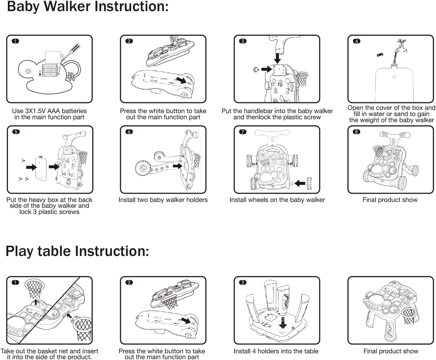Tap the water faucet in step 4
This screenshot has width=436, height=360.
401,47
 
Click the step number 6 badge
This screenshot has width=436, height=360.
129,132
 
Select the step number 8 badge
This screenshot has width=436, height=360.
356,132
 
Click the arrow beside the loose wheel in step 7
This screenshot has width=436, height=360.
300,184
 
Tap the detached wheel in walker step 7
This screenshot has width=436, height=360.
309,183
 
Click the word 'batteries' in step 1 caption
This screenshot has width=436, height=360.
74,111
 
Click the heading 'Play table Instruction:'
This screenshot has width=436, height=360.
77,251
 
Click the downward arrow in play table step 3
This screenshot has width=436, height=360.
283,323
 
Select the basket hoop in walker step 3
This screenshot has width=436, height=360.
302,79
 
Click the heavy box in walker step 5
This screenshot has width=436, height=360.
41,168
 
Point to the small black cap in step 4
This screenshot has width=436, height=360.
380,55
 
